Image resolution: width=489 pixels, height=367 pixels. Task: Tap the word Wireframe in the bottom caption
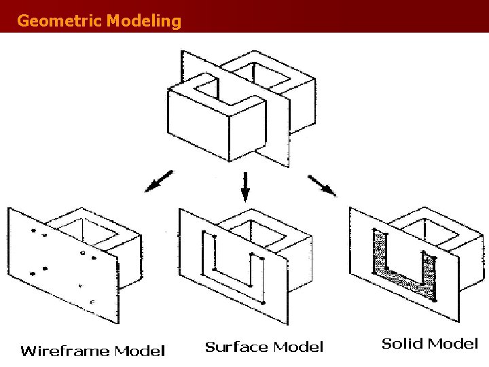tap(65, 351)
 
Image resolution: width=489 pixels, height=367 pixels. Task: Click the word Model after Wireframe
tap(139, 351)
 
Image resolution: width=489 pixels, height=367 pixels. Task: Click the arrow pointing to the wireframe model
tap(159, 181)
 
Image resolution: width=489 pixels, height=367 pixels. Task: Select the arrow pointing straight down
tap(245, 184)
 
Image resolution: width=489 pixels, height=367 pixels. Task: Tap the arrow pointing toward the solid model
tap(322, 186)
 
